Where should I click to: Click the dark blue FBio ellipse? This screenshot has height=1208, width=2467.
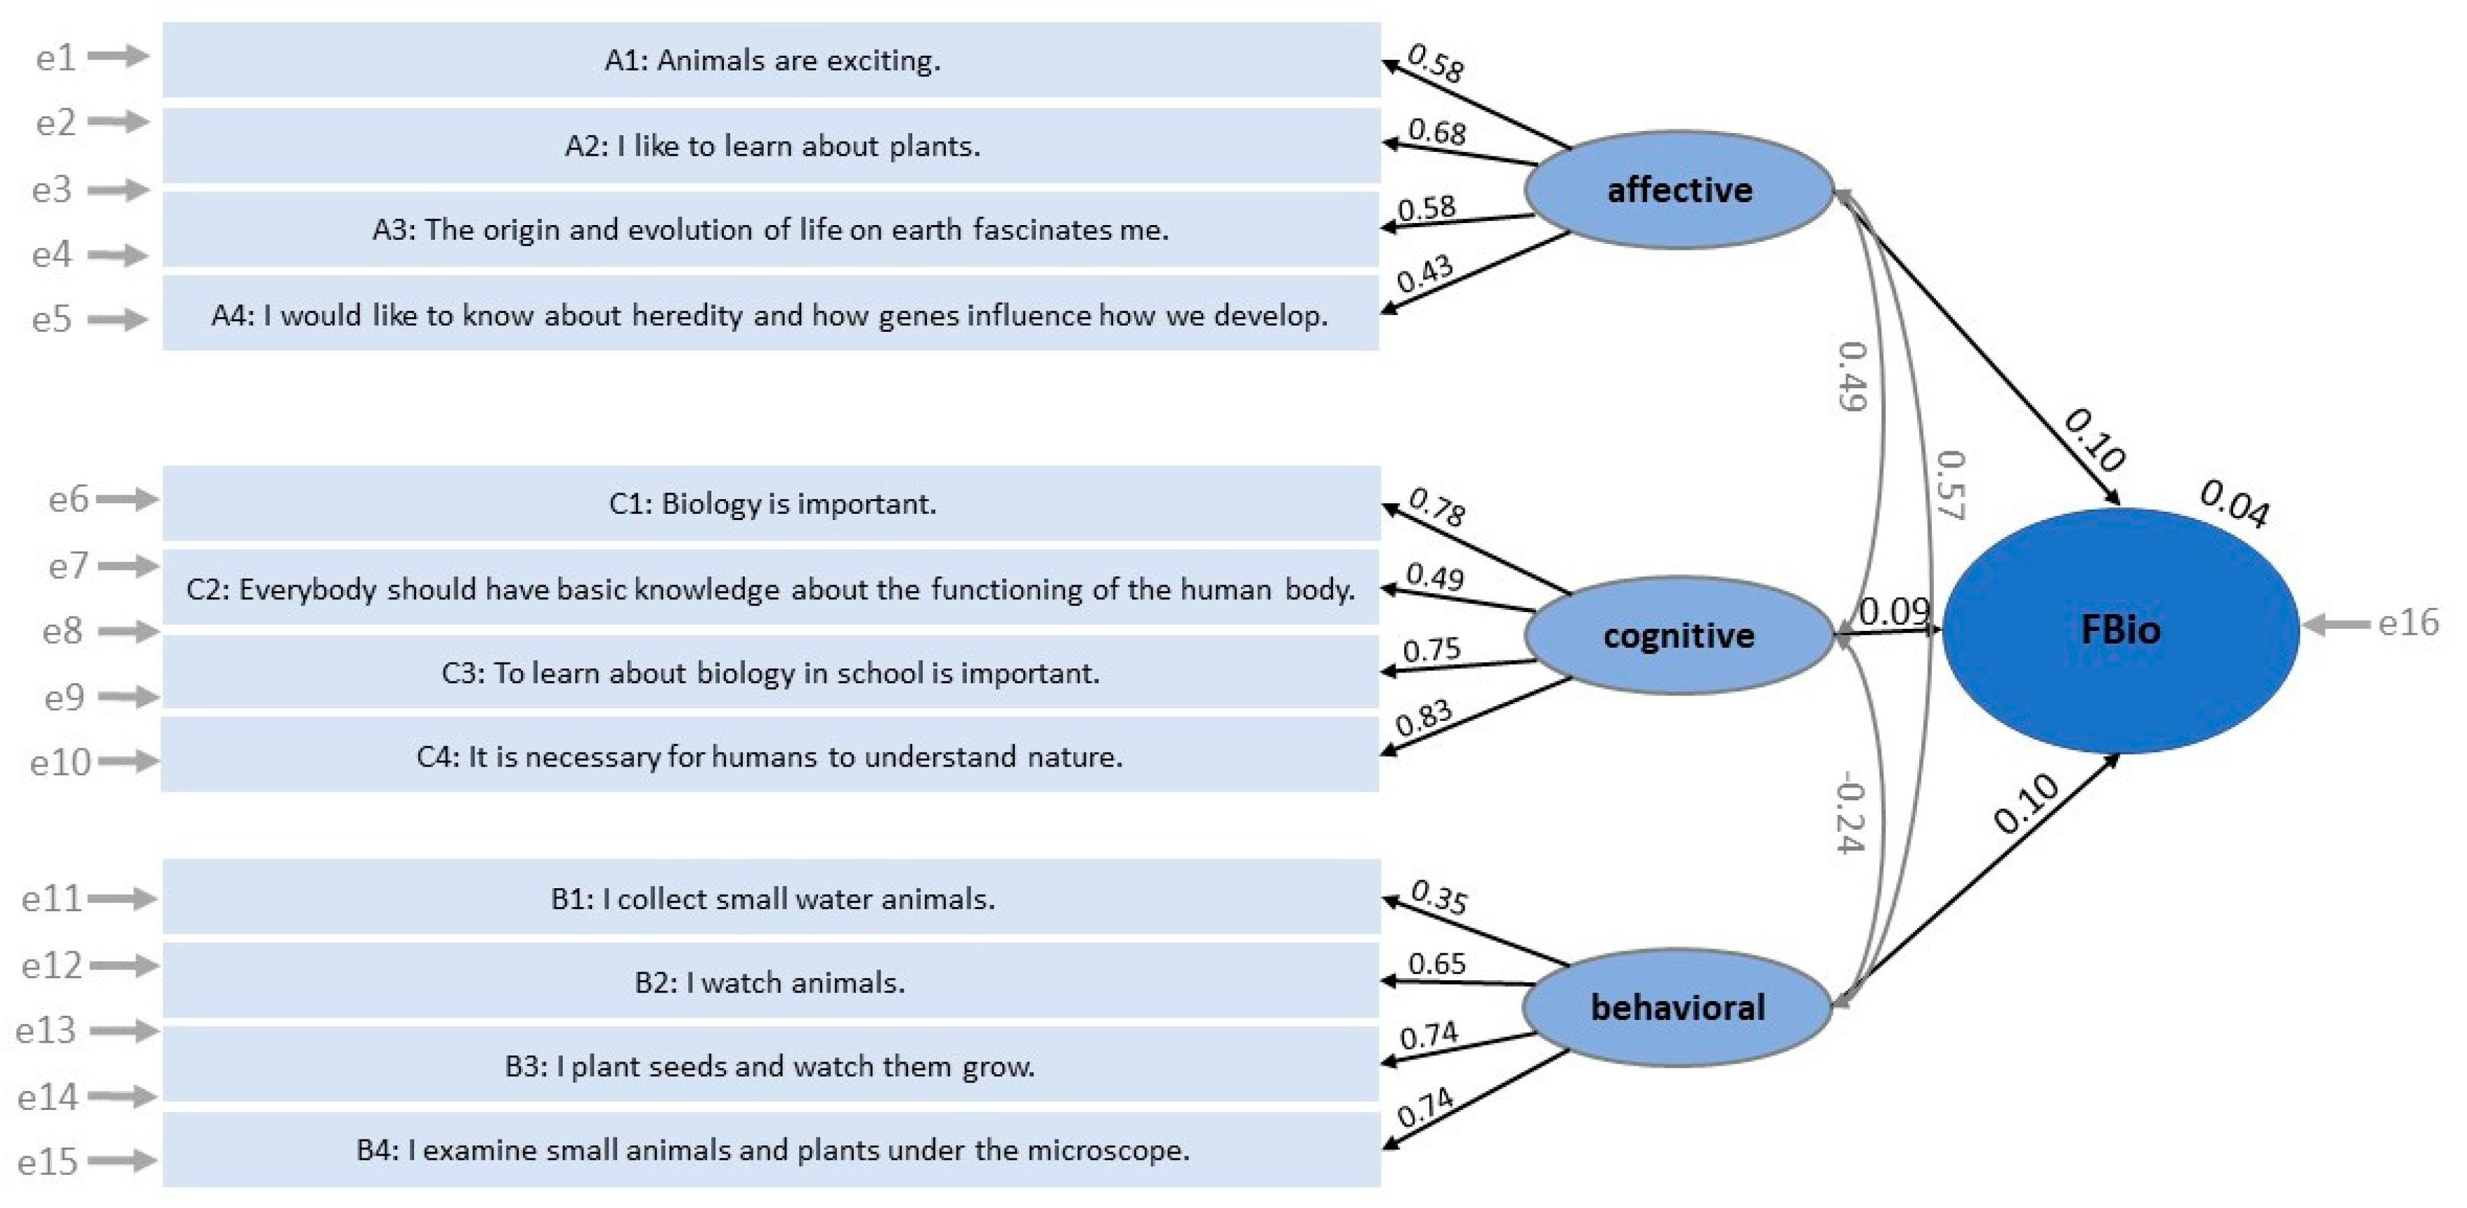2119,630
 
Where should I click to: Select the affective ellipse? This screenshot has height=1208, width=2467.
1679,189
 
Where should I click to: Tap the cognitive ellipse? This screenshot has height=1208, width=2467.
1679,635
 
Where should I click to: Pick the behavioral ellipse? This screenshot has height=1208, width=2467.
1677,1007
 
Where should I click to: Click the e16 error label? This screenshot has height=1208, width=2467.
2408,623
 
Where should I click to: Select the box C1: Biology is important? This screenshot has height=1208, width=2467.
772,503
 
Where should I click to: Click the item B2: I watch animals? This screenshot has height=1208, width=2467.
770,982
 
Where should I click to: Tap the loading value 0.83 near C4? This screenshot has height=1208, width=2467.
1424,718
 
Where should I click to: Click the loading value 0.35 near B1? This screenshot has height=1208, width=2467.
1439,898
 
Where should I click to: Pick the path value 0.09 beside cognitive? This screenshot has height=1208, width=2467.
1894,611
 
